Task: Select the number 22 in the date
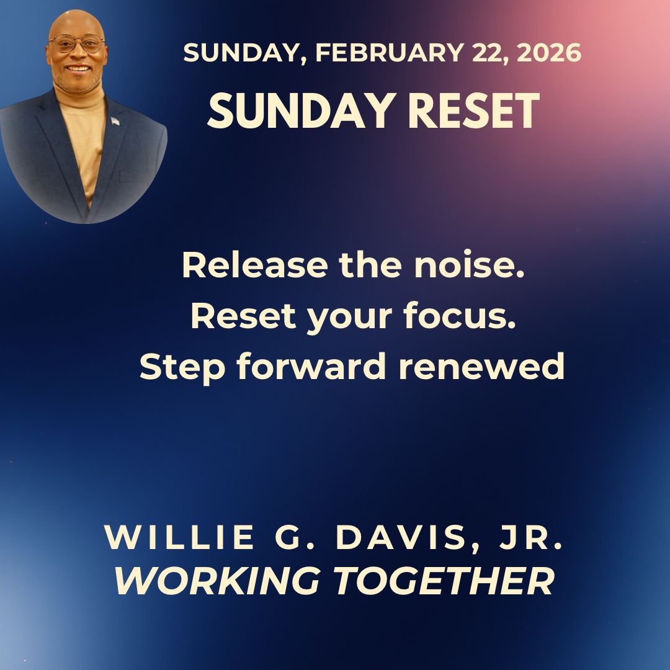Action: pyautogui.click(x=486, y=54)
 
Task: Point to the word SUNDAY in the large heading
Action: pyautogui.click(x=292, y=112)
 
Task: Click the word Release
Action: pyautogui.click(x=254, y=266)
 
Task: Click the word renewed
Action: pyautogui.click(x=481, y=367)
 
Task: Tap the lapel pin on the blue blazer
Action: pyautogui.click(x=115, y=120)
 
